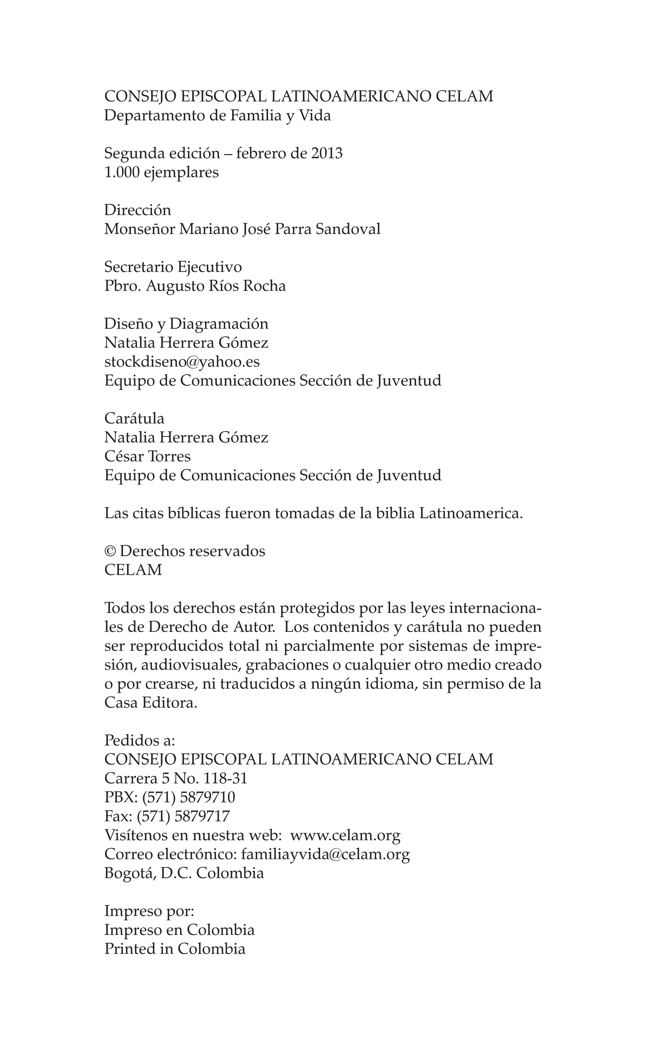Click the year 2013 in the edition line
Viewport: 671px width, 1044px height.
click(326, 153)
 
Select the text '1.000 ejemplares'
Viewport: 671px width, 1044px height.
click(161, 173)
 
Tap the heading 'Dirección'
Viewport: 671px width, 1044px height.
click(138, 210)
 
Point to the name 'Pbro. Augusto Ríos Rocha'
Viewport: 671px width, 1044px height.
click(195, 286)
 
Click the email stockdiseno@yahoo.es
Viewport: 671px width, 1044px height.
click(182, 362)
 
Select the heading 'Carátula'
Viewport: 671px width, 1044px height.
click(134, 419)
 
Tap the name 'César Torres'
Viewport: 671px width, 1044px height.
click(147, 456)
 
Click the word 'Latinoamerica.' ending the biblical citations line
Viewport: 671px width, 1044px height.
click(470, 514)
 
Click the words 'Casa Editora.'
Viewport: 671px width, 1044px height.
click(151, 703)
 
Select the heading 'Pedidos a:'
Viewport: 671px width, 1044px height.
click(140, 740)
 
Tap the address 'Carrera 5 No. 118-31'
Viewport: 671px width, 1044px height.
click(176, 778)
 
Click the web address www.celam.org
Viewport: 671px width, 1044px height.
click(345, 835)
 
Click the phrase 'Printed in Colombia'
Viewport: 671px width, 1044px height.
click(175, 949)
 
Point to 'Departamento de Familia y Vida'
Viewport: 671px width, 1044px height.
click(218, 115)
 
